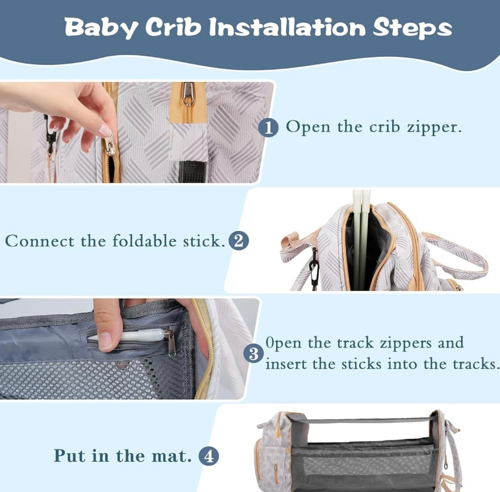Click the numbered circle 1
coord(268,128)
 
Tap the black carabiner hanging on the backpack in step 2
coord(314,269)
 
